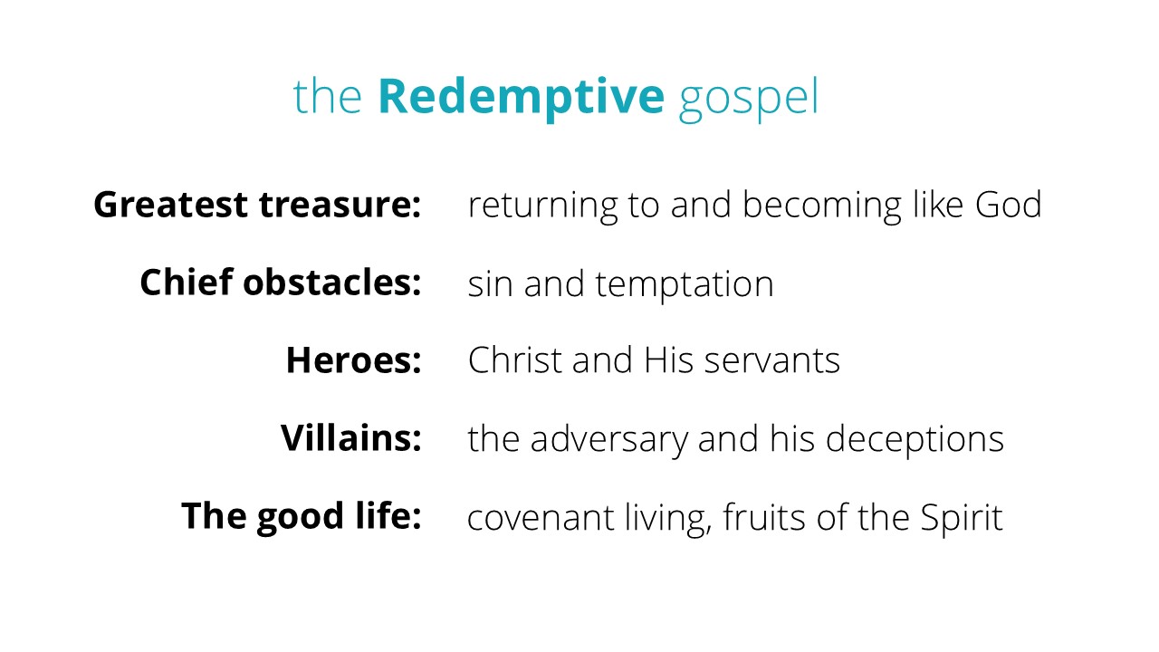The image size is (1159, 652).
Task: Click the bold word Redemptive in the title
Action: pos(521,98)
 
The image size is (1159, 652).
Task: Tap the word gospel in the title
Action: pos(749,100)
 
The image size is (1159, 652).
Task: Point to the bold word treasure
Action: pos(340,204)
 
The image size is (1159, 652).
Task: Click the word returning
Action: pos(542,206)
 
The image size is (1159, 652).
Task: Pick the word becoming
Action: pos(822,206)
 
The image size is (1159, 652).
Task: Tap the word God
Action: pos(1009,204)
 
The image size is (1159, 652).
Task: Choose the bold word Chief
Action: pos(187,283)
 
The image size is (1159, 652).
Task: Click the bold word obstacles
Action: pos(332,283)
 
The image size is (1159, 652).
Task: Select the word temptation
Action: pos(685,285)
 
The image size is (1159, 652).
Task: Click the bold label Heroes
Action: pos(354,360)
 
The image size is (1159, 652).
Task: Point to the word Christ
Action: pos(515,360)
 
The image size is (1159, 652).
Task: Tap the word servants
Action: pos(772,360)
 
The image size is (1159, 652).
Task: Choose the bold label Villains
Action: pos(351,437)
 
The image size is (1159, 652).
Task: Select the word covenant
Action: pos(541,518)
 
